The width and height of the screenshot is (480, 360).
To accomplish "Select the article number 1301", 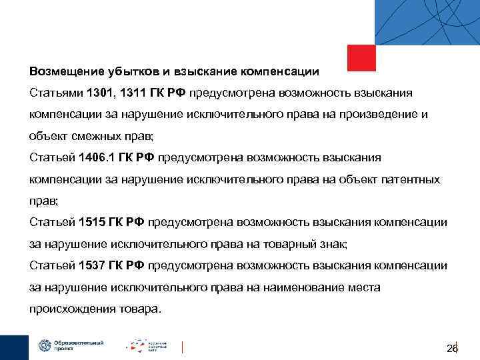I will click(93, 92).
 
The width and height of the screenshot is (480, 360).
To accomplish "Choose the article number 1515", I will click(91, 223).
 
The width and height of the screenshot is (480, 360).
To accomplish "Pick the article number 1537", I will click(91, 266).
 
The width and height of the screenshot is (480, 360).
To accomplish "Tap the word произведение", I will click(385, 114).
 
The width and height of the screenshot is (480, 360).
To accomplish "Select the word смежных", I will click(96, 136).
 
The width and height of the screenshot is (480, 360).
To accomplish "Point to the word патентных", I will click(413, 179).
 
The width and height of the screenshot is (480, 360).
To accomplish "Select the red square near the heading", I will click(361, 58).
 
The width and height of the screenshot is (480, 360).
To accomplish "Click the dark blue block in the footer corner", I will click(14, 347).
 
